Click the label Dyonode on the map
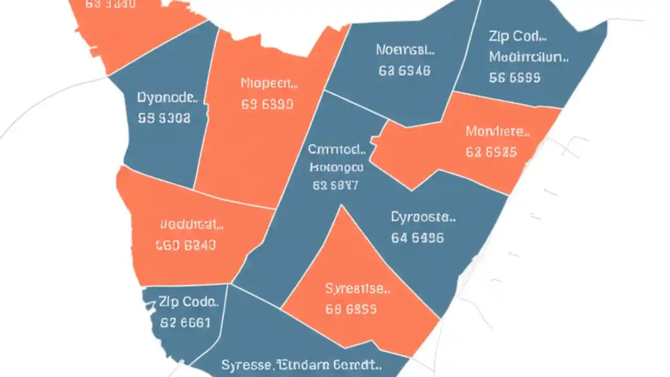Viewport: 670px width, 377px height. (x=167, y=98)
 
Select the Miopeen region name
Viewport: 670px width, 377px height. (x=269, y=83)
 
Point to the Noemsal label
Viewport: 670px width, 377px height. (x=405, y=50)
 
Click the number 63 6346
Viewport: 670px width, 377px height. (x=404, y=71)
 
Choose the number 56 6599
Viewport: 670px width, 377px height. (x=515, y=78)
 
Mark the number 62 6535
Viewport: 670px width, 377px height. (x=491, y=152)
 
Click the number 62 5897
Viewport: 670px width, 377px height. (x=335, y=185)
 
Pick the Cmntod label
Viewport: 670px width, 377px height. (x=337, y=150)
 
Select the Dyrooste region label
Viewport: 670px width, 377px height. (x=423, y=217)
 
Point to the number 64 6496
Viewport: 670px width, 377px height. (x=417, y=238)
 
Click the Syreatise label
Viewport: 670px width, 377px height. (x=358, y=289)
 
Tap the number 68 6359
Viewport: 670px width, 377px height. (x=351, y=309)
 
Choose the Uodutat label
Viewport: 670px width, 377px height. (x=192, y=225)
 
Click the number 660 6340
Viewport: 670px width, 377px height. (x=185, y=245)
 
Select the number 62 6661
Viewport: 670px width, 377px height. (x=185, y=323)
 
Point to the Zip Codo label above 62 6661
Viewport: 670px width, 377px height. (x=187, y=302)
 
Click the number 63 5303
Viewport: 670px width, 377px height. (x=164, y=118)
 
